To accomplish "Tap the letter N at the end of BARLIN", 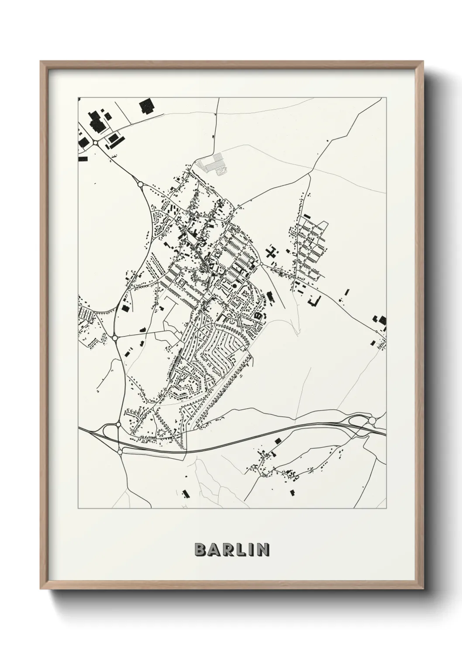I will point(263,550).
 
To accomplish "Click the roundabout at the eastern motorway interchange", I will point(372,420).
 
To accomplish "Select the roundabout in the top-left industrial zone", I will point(95,142).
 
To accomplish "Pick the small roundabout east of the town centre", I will point(261,264).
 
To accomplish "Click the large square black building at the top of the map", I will point(146,106).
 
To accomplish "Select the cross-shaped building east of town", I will point(272,252).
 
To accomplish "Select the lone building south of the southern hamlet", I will point(292,492).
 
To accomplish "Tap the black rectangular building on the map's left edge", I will point(81,158).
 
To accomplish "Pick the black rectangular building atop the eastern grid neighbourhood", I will point(307,216).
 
